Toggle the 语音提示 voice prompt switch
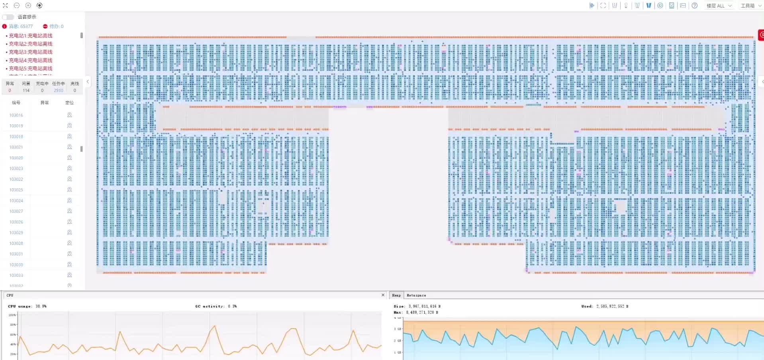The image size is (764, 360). coord(8,17)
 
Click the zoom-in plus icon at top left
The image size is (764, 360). coord(28,5)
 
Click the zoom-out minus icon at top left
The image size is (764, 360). coord(17,5)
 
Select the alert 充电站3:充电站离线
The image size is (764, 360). coord(31,52)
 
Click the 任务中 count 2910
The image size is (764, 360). coord(59,90)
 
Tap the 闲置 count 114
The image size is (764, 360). coord(26,90)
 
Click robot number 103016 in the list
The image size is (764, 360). coord(16,115)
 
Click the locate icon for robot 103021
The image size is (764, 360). coord(69,147)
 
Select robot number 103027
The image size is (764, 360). coord(16,211)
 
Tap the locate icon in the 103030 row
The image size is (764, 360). coord(69,264)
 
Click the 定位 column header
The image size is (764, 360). coord(69,103)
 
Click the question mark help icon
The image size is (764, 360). coord(694,6)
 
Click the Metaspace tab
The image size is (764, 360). coord(416,295)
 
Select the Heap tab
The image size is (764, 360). coord(396,295)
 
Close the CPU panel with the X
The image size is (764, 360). coord(383,295)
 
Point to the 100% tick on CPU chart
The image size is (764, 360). coord(12,315)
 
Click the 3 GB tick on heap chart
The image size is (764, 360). coord(398,329)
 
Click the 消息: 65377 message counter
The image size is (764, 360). coord(21,26)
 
